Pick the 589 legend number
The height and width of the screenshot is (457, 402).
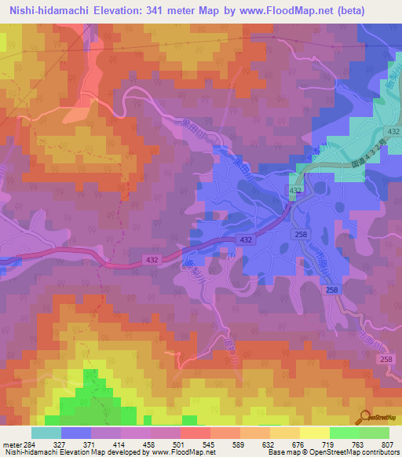[x=240, y=443]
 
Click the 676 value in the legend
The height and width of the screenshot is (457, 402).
[x=300, y=443]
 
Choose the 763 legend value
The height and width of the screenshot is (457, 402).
[x=360, y=443]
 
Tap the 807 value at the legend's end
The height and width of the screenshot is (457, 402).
[x=389, y=443]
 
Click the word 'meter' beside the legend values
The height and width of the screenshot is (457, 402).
[x=11, y=443]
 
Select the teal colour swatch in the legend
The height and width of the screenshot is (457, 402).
[x=46, y=433]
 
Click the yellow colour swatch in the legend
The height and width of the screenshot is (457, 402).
[x=315, y=433]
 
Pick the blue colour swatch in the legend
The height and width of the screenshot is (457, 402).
[x=76, y=433]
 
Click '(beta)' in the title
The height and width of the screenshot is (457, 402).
[x=378, y=11]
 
